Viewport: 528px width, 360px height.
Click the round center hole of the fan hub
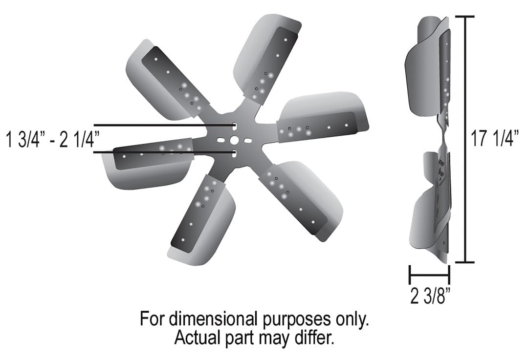click(x=235, y=140)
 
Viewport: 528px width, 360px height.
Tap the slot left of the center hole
click(x=221, y=140)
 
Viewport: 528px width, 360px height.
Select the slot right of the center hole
click(x=248, y=140)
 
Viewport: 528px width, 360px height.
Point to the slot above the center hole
click(x=235, y=127)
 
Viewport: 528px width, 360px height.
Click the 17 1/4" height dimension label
click(x=494, y=139)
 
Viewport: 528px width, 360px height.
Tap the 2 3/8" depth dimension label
click(x=430, y=296)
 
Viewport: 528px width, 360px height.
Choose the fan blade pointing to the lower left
click(x=200, y=220)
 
